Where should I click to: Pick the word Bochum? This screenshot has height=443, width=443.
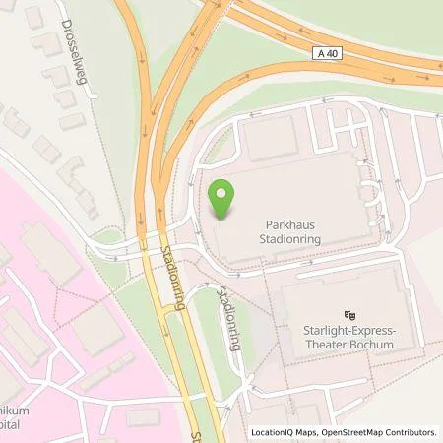372,346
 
